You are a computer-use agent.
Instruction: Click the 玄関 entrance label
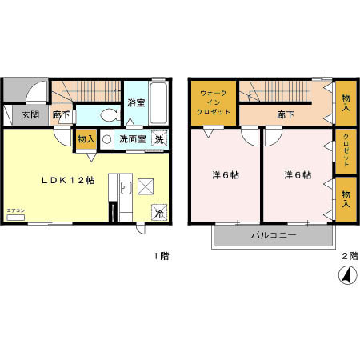[x=30, y=115]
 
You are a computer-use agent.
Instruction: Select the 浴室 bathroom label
[x=136, y=103]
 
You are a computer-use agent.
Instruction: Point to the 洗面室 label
[x=131, y=138]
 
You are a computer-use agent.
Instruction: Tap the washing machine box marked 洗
[x=159, y=138]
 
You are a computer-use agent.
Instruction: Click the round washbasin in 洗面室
[x=106, y=138]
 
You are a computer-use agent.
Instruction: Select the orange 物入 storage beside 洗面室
[x=86, y=138]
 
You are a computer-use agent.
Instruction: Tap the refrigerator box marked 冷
[x=158, y=212]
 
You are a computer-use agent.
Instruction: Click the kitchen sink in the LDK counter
[x=125, y=189]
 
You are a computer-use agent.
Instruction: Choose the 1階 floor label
[x=161, y=257]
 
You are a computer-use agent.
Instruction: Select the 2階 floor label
[x=349, y=257]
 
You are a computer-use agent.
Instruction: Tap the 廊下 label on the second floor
[x=286, y=114]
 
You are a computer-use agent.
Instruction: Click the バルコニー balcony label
[x=274, y=236]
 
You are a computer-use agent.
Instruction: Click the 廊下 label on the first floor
[x=61, y=115]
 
